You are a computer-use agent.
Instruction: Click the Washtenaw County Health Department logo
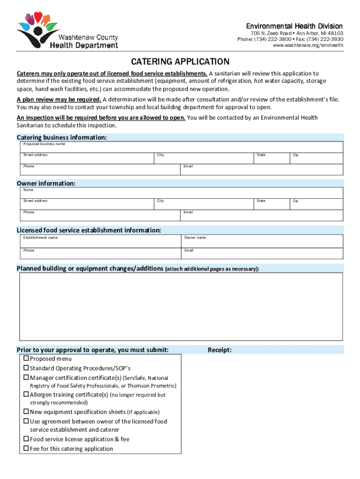pyautogui.click(x=68, y=30)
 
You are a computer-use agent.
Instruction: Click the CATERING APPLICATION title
pyautogui.click(x=180, y=62)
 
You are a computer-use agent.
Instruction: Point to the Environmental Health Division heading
pyautogui.click(x=295, y=26)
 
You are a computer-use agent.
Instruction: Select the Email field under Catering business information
pyautogui.click(x=262, y=170)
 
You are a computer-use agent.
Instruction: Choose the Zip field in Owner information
pyautogui.click(x=317, y=204)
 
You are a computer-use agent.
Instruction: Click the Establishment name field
pyautogui.click(x=100, y=241)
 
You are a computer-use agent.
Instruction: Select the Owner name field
pyautogui.click(x=262, y=241)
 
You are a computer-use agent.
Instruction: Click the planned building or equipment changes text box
pyautogui.click(x=180, y=306)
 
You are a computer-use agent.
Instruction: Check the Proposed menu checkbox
pyautogui.click(x=26, y=359)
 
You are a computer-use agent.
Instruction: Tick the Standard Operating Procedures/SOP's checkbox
pyautogui.click(x=26, y=368)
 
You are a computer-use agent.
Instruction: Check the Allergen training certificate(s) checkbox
pyautogui.click(x=26, y=395)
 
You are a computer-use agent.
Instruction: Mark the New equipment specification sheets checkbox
pyautogui.click(x=26, y=412)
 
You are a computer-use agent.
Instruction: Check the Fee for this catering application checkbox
pyautogui.click(x=26, y=449)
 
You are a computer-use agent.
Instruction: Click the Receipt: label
pyautogui.click(x=219, y=350)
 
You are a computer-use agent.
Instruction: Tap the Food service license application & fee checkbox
pyautogui.click(x=26, y=439)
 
